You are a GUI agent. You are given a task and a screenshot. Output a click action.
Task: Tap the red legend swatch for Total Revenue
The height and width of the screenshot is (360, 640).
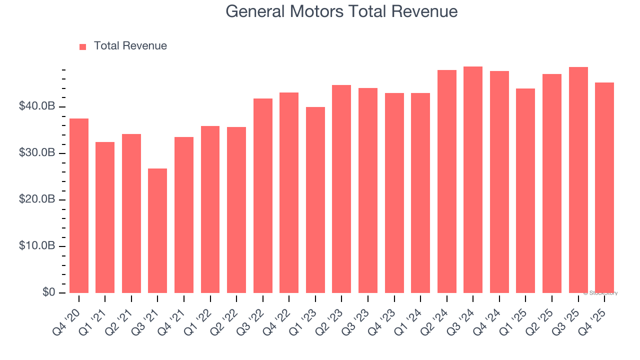pyautogui.click(x=83, y=46)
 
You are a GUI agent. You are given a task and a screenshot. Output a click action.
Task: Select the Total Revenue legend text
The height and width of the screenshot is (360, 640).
pyautogui.click(x=130, y=46)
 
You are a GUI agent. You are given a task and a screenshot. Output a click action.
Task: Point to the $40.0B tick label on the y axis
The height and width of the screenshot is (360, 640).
pyautogui.click(x=37, y=106)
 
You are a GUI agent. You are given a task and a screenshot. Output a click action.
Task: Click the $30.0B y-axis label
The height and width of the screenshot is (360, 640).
pyautogui.click(x=37, y=153)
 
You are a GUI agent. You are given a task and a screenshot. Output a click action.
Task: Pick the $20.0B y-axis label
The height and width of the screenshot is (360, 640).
pyautogui.click(x=37, y=199)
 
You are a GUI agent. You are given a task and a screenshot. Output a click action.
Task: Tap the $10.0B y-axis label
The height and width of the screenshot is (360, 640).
pyautogui.click(x=37, y=246)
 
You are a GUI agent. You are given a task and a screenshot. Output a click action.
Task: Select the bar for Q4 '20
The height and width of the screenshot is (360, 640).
pyautogui.click(x=79, y=205)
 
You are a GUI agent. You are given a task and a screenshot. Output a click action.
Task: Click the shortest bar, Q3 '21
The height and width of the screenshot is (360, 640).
pyautogui.click(x=157, y=230)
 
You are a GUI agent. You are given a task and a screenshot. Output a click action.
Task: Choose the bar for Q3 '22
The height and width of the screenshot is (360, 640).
pyautogui.click(x=263, y=195)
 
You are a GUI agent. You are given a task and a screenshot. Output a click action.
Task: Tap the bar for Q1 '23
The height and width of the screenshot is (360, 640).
pyautogui.click(x=315, y=200)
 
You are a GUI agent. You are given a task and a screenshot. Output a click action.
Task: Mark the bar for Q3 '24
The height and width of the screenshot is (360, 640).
pyautogui.click(x=473, y=179)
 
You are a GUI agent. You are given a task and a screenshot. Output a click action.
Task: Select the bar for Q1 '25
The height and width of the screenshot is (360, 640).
pyautogui.click(x=525, y=190)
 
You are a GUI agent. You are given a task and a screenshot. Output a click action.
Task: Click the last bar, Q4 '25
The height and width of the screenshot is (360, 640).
pyautogui.click(x=604, y=187)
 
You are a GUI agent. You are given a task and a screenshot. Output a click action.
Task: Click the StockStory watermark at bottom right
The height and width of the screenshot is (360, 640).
pyautogui.click(x=600, y=293)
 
